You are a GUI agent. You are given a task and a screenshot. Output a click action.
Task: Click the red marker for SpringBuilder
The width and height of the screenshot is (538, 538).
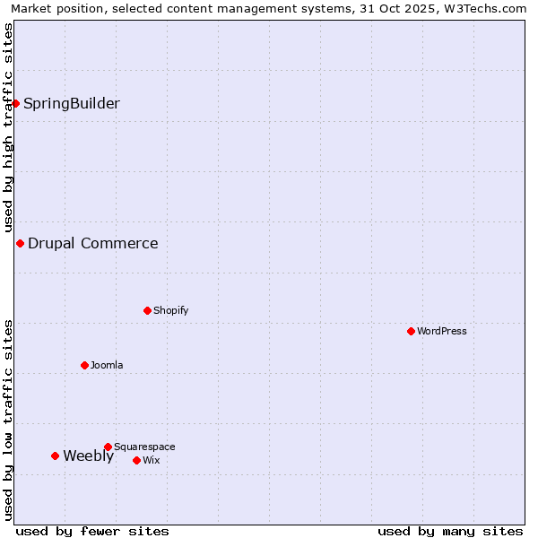point(15,103)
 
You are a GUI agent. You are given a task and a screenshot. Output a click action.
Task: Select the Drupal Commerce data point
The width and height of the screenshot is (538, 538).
point(20,243)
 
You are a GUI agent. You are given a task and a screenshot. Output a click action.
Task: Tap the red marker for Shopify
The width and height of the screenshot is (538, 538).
point(147,310)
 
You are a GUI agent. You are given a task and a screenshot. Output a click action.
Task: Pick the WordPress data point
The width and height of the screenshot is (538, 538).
point(411,331)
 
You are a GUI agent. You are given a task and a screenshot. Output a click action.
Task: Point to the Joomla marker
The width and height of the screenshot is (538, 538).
point(84,365)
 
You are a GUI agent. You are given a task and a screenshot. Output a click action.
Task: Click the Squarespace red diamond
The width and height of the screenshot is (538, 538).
point(108,447)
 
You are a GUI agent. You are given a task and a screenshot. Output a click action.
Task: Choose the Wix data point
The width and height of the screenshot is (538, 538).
point(136,460)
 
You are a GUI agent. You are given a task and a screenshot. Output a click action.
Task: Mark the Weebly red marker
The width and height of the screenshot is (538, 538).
point(55,456)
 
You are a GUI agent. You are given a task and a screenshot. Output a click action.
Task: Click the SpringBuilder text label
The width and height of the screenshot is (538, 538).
point(72,103)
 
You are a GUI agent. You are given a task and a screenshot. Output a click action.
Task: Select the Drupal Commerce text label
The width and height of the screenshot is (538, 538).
point(93,243)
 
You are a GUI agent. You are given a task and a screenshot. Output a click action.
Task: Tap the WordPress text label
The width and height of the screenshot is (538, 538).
point(442,331)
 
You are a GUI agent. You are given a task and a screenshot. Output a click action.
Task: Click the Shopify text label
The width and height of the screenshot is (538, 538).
point(171,310)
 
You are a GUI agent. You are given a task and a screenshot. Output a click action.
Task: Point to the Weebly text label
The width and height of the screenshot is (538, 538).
point(89,456)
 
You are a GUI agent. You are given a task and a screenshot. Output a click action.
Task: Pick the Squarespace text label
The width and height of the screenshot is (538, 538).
point(144,447)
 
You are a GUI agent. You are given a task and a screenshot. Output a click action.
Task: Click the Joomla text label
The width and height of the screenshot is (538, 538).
point(107,365)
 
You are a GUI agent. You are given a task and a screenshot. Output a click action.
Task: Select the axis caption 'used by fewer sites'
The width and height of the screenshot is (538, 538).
point(92,531)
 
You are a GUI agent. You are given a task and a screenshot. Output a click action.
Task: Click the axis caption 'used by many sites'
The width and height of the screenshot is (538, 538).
point(450,531)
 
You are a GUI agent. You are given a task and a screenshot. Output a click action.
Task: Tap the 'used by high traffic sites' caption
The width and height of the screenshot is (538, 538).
point(8,127)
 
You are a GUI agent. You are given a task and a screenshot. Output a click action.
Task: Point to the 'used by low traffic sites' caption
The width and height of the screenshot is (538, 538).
point(8,419)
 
